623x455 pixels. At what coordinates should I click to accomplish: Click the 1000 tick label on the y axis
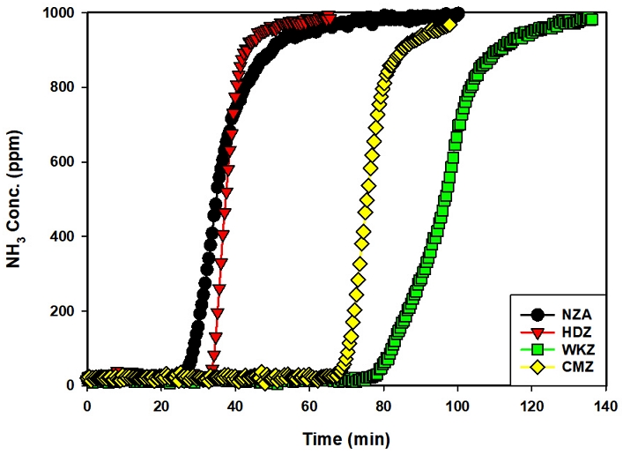(x=60, y=13)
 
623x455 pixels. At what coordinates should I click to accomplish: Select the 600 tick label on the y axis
(x=63, y=162)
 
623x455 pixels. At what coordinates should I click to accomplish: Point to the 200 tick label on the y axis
(x=63, y=311)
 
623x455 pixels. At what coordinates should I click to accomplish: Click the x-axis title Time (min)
(x=345, y=438)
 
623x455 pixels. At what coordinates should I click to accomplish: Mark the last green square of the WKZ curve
(x=592, y=19)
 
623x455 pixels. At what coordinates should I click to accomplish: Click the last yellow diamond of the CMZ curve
(x=449, y=26)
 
